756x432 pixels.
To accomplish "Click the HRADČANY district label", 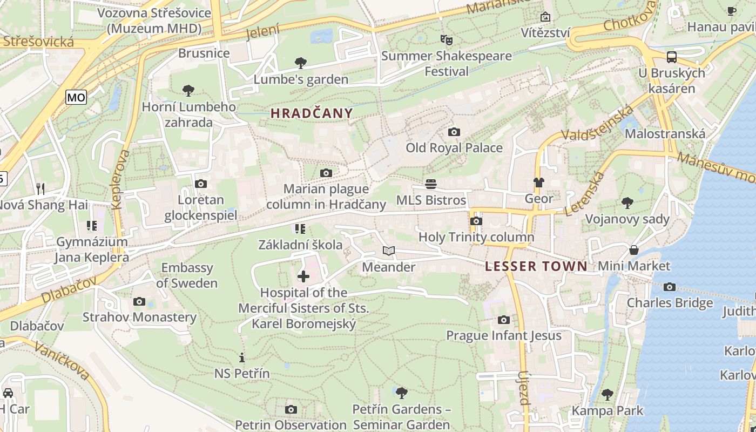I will coord(312,113).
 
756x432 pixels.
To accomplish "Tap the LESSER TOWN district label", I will coord(536,266).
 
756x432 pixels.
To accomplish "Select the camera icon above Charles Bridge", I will coord(670,287).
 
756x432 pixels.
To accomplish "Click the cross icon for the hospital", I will coord(303,276).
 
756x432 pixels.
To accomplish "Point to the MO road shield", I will coord(76,97).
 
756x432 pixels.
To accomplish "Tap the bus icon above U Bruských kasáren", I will coord(672,57).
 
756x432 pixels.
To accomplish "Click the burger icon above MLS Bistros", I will coord(430,184).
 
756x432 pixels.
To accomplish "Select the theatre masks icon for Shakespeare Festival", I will coord(446,39).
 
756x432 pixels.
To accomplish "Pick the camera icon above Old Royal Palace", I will coord(454,132).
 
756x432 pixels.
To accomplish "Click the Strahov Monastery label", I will coord(139,317).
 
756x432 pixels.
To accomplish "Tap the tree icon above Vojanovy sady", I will coord(627,203).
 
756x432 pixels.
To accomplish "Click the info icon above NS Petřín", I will coord(241,357).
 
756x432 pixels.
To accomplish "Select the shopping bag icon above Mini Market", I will coord(633,250).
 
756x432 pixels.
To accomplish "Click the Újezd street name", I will coord(523,388).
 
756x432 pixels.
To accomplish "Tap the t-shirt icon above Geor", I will coord(538,183).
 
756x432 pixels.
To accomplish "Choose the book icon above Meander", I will coord(389,251).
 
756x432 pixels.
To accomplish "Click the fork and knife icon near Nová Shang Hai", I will coord(40,188).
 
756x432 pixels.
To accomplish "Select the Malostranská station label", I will coord(665,134).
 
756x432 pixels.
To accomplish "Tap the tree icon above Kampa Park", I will coord(607,395).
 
